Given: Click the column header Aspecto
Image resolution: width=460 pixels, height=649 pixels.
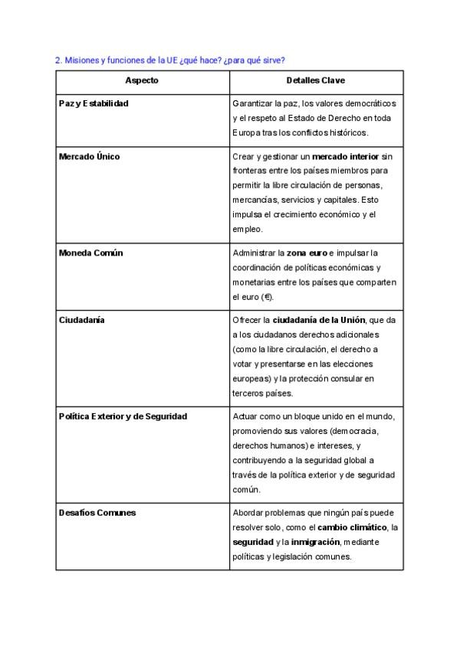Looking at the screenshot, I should pos(142,80).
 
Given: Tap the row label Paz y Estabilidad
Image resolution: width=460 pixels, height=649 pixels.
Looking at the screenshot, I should pos(94,103).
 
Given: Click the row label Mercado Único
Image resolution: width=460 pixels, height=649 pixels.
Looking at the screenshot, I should pos(89,157).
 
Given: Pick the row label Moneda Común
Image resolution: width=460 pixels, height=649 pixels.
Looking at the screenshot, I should pos(91,253).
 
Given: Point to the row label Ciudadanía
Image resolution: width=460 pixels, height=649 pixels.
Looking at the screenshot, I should pos(81,320).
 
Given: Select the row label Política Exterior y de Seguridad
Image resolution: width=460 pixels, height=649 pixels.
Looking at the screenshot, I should pos(123,416).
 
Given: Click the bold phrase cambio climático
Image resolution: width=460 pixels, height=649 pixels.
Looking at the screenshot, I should pos(353,527).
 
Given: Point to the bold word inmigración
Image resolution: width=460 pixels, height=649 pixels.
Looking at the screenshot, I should pos(315,542).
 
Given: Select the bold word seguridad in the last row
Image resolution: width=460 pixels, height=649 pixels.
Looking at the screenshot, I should pos(251,542).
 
